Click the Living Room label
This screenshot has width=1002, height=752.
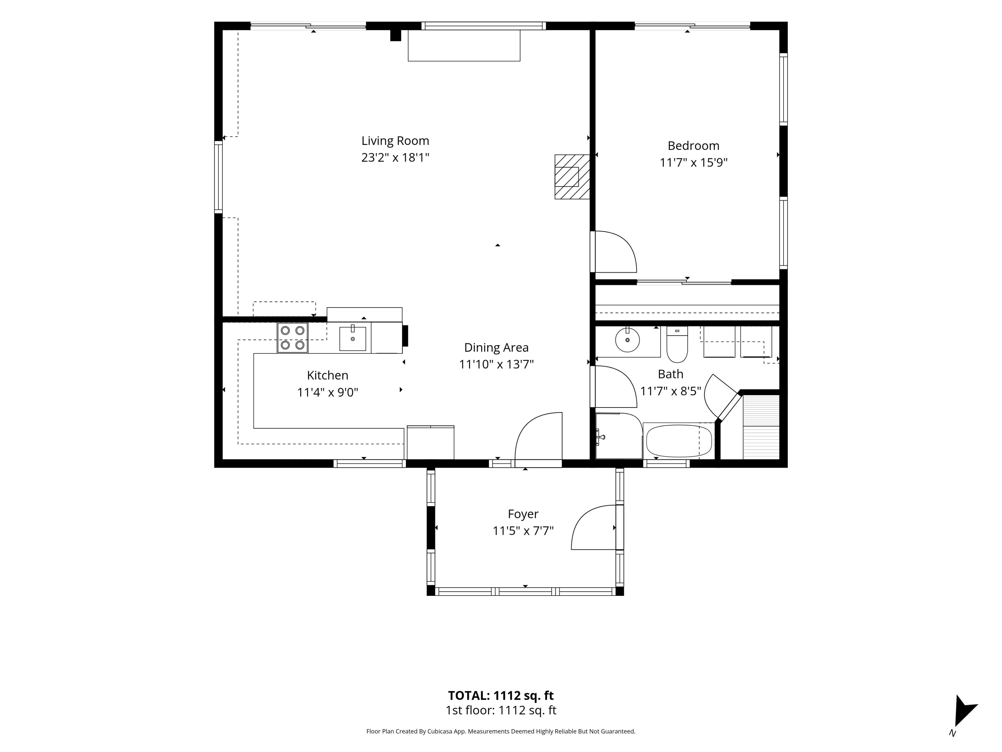[395, 141]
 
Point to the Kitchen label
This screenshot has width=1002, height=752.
[327, 375]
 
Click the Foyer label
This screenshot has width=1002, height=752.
[523, 514]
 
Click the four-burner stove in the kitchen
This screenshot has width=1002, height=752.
[293, 338]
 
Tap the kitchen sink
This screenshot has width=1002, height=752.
[353, 338]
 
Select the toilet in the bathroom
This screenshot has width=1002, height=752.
[677, 344]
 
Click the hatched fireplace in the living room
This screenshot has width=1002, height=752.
[572, 177]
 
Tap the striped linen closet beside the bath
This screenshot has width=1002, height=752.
[761, 427]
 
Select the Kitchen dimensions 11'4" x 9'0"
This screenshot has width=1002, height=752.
[327, 392]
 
